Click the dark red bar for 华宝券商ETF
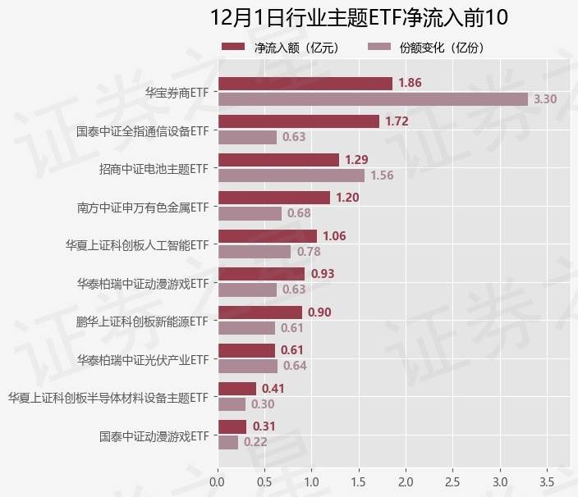(305, 84)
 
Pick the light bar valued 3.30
(373, 99)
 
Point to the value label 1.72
(397, 121)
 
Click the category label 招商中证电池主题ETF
(153, 169)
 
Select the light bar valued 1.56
(291, 176)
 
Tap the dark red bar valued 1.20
(274, 198)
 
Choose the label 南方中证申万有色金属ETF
(142, 207)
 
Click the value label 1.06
(334, 236)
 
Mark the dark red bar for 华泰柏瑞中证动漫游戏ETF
(261, 274)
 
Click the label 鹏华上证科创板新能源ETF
(142, 321)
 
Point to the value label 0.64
(294, 366)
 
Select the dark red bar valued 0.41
(236, 388)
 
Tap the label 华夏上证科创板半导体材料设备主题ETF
(108, 398)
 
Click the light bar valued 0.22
(227, 442)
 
